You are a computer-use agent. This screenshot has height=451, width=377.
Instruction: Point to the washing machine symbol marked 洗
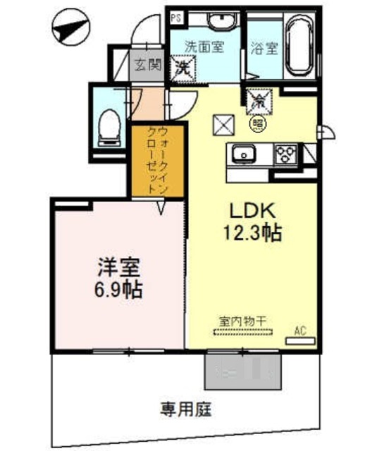183,68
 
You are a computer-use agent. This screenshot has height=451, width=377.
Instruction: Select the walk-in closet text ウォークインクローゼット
156,161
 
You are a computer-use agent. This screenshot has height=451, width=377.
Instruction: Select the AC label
299,329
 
